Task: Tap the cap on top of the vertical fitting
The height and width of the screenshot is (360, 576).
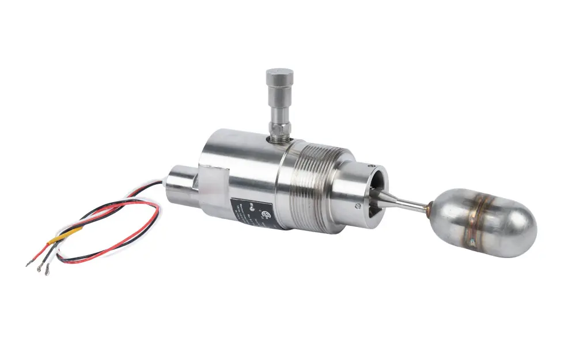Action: point(279,78)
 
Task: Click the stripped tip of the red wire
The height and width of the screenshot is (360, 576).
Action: point(29,264)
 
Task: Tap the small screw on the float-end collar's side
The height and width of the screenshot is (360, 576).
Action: point(357,206)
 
